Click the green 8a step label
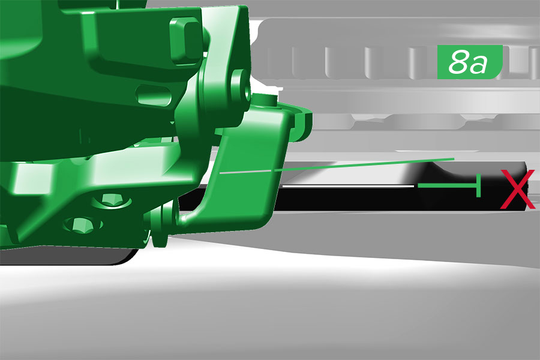point(470,62)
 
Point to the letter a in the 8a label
point(479,64)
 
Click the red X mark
point(518,189)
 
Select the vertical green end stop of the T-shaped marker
point(478,185)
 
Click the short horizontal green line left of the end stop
point(447,185)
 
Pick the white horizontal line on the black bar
point(348,187)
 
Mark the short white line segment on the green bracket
point(245,172)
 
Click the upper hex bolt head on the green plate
point(111,200)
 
